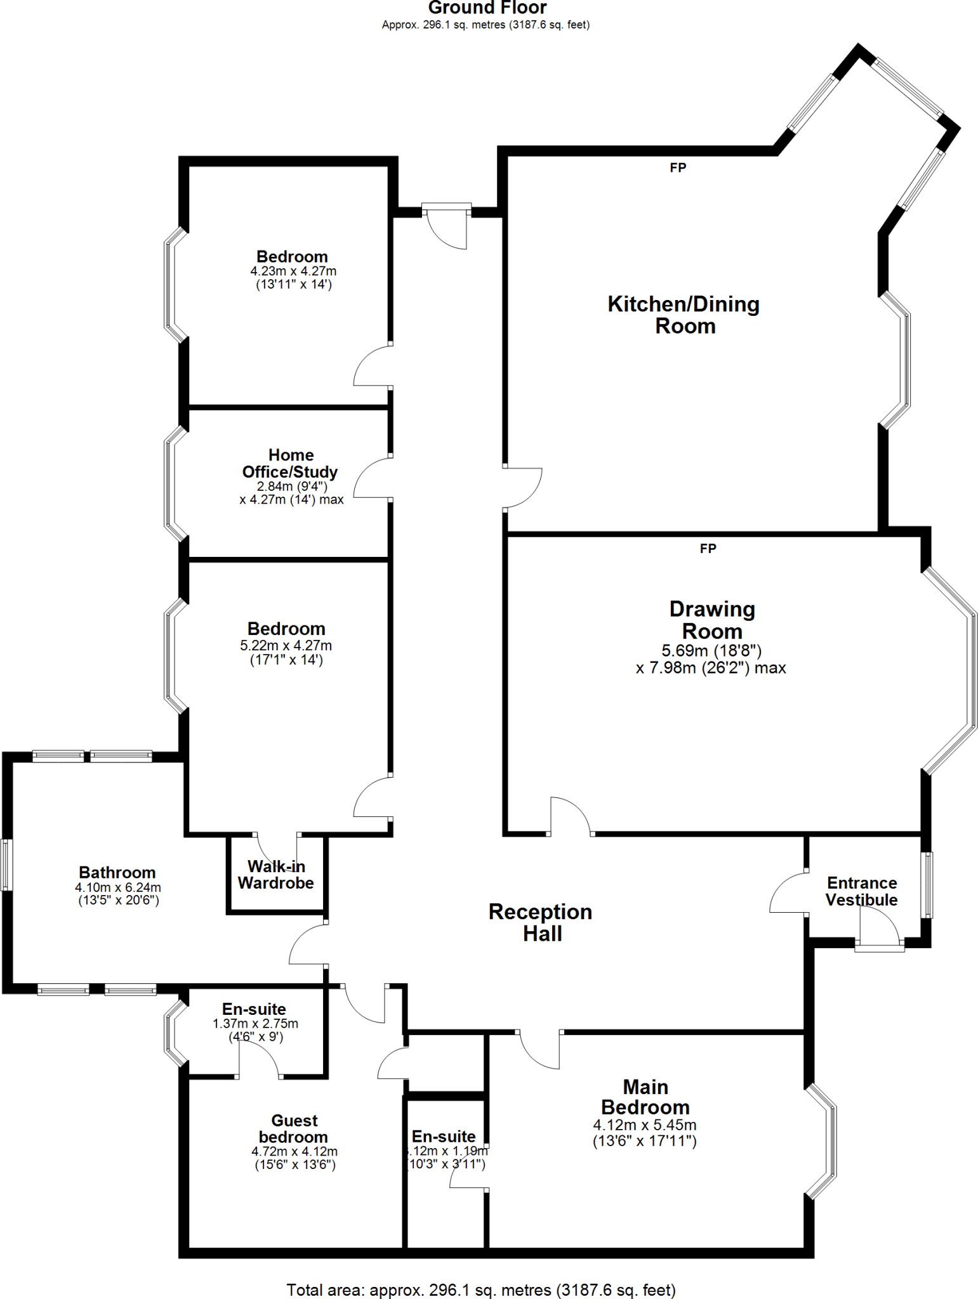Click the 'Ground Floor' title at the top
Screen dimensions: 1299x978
click(x=487, y=8)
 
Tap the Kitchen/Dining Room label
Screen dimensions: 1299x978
click(x=684, y=315)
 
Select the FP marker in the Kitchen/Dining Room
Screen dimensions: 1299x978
click(x=678, y=167)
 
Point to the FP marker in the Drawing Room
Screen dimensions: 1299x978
click(x=708, y=548)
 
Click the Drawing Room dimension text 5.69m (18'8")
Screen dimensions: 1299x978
click(x=711, y=651)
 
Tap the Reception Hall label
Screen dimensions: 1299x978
click(x=541, y=922)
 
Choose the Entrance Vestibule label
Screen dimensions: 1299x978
click(x=861, y=891)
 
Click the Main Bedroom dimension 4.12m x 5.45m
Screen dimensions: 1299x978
click(x=644, y=1125)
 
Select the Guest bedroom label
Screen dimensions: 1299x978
click(x=293, y=1128)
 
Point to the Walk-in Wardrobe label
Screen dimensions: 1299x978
click(x=276, y=875)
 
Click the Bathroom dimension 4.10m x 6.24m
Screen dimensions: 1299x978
click(x=118, y=887)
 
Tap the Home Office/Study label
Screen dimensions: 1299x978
click(x=290, y=464)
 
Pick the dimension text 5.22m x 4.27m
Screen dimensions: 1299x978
click(x=286, y=646)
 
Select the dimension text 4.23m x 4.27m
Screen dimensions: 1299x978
click(x=293, y=271)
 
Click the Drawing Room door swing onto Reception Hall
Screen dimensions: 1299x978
click(x=569, y=814)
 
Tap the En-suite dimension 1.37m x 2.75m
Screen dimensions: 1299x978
click(x=255, y=1024)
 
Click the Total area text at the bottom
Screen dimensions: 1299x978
click(x=481, y=1290)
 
